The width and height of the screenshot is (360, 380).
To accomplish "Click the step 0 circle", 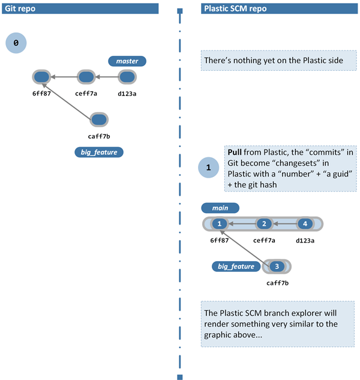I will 16,43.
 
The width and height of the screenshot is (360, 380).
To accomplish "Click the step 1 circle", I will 208,168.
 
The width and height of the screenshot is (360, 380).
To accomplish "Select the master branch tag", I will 127,61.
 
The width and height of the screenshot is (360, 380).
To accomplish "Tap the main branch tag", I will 221,208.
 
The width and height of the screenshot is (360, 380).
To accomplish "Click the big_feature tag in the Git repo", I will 98,152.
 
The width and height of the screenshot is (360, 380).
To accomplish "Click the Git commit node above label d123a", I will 127,77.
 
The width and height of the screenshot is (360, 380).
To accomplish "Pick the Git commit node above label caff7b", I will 98,119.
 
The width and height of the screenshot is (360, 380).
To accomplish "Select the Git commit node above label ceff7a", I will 86,77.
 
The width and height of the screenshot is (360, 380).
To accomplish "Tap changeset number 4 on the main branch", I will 305,224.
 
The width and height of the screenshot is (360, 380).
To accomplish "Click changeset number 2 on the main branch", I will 263,224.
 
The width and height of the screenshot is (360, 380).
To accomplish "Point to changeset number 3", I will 277,266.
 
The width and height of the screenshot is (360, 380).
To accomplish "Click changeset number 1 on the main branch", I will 220,224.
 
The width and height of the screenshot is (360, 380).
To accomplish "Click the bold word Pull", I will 235,152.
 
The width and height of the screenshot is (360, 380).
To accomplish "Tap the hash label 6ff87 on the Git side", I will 41,93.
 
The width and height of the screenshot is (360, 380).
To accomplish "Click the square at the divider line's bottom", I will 179,377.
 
